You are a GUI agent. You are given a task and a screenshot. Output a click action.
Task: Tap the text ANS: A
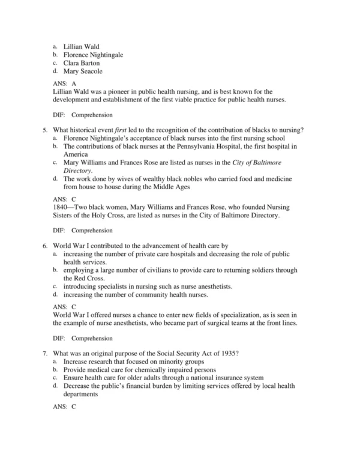pyautogui.click(x=65, y=83)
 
